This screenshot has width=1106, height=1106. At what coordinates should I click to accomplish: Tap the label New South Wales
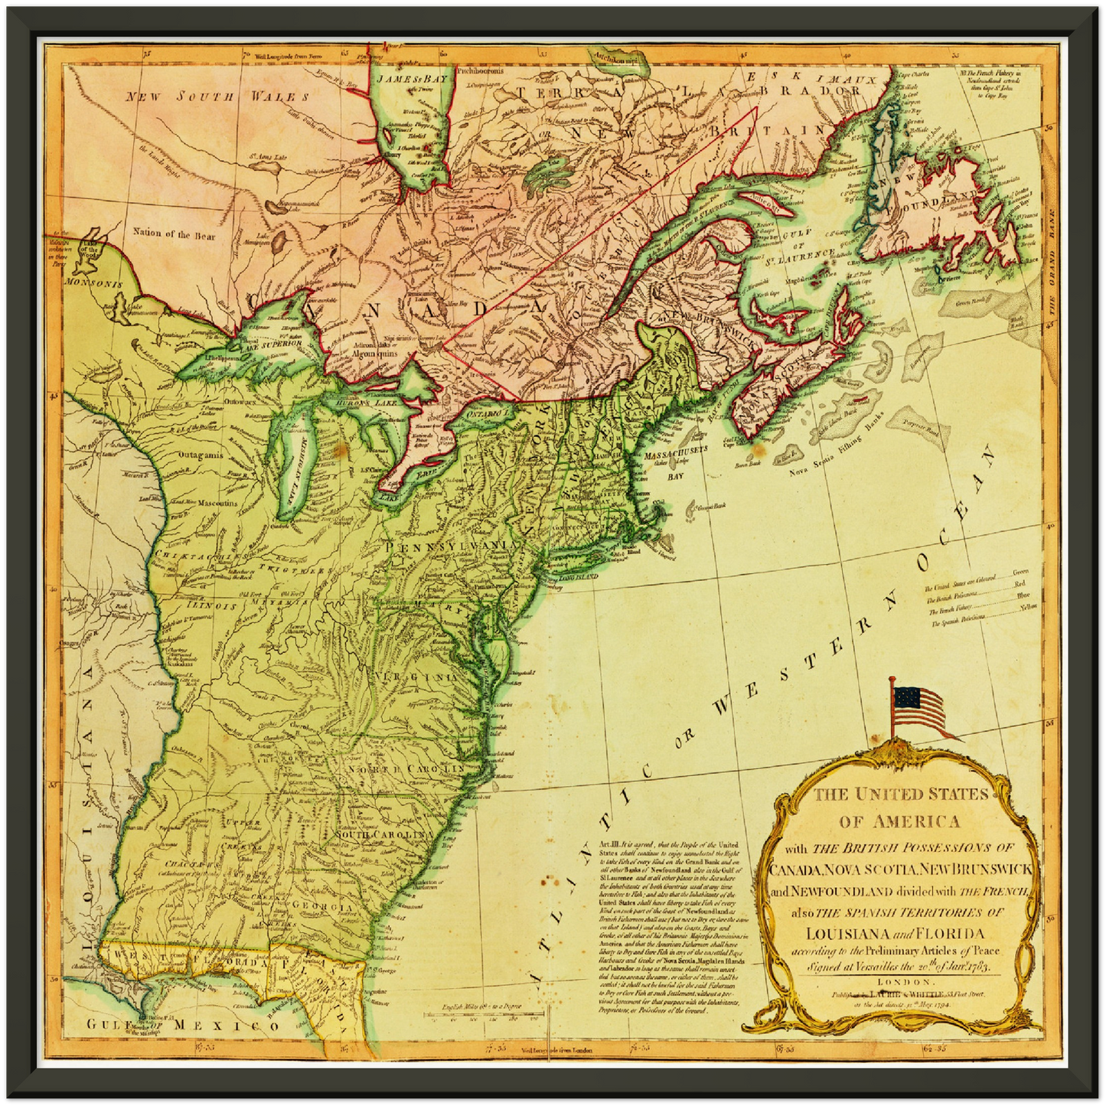[217, 97]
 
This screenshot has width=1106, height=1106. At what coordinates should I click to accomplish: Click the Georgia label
[326, 907]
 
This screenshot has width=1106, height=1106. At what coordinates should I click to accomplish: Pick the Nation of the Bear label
[175, 234]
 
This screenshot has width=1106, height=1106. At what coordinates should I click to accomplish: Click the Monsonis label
[94, 284]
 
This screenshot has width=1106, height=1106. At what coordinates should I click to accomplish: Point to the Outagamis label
[201, 455]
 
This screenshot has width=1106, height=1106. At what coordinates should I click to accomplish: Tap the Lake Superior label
[272, 347]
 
